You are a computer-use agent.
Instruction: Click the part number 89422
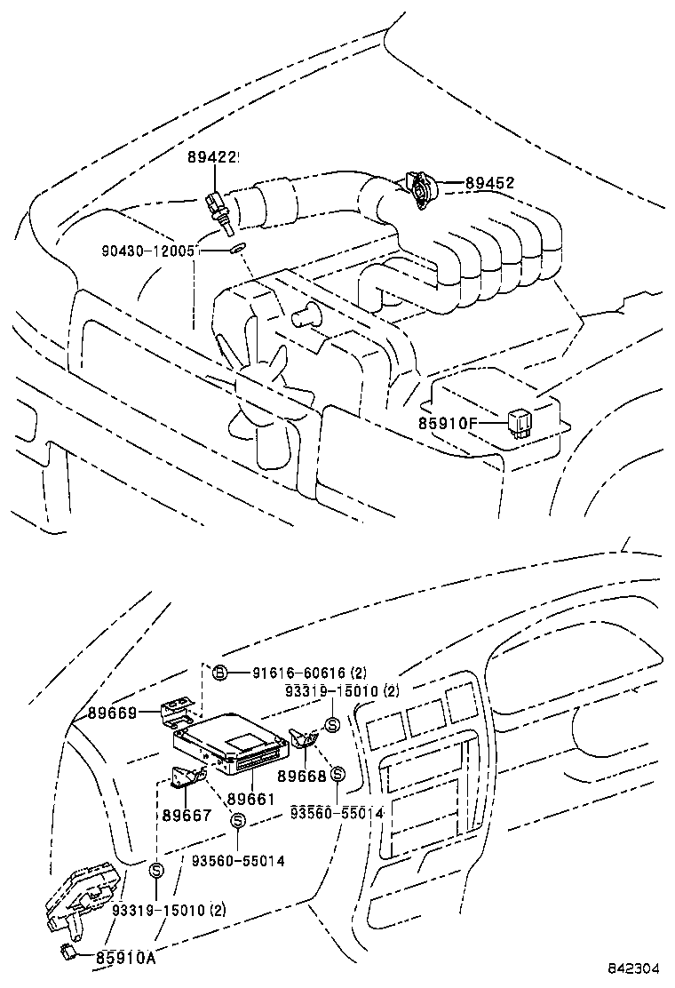[x=213, y=157]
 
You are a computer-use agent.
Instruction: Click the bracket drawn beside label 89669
[x=178, y=709]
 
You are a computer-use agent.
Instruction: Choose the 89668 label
[x=302, y=775]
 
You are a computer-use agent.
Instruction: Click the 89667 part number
[x=187, y=815]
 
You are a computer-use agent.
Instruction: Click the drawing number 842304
[x=635, y=968]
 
